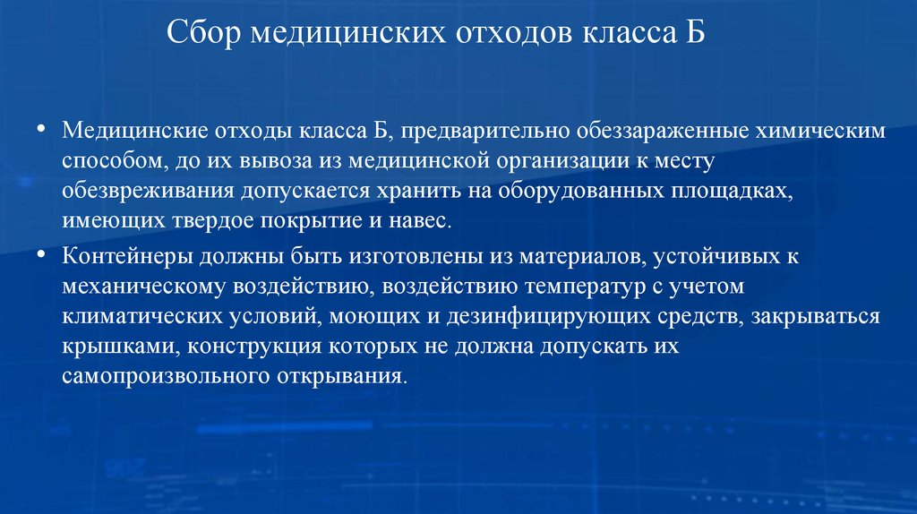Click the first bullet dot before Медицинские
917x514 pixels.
(42, 131)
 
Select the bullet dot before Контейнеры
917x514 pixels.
(42, 255)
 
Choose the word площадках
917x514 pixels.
(735, 193)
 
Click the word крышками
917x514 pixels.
(104, 347)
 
